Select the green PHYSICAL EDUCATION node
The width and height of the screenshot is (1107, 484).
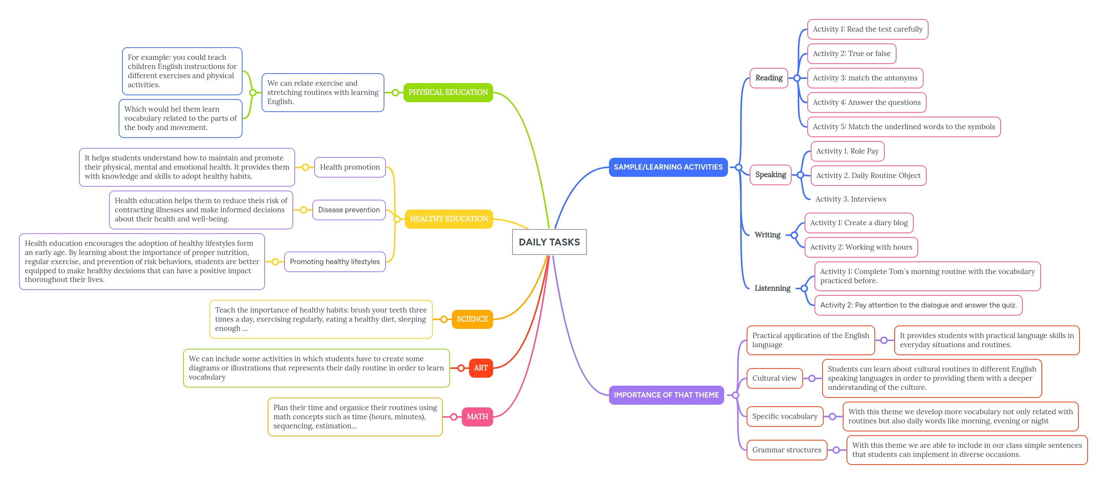tap(448, 92)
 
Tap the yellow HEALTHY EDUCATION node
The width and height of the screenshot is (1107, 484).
tap(449, 219)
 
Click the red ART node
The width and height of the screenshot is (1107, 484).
tap(480, 368)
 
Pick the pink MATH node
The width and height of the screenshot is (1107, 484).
tap(477, 417)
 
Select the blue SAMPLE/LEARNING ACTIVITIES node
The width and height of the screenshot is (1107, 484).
tap(668, 167)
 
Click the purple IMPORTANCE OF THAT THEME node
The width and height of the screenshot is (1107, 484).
tap(666, 395)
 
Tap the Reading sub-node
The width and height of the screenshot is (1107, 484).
tap(768, 78)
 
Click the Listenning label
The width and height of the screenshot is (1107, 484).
tap(772, 288)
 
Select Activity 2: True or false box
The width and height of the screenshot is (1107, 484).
tap(851, 54)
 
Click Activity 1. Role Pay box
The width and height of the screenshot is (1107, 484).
tap(847, 151)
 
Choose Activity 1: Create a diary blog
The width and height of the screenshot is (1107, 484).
tap(858, 223)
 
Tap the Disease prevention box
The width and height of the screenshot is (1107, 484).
tap(349, 210)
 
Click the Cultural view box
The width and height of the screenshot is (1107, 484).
tap(774, 378)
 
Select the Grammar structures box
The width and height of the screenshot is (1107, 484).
tap(786, 450)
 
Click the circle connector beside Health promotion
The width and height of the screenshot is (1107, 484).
tap(305, 167)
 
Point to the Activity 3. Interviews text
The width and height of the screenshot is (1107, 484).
tap(850, 199)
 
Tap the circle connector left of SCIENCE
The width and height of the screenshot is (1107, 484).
tap(443, 319)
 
